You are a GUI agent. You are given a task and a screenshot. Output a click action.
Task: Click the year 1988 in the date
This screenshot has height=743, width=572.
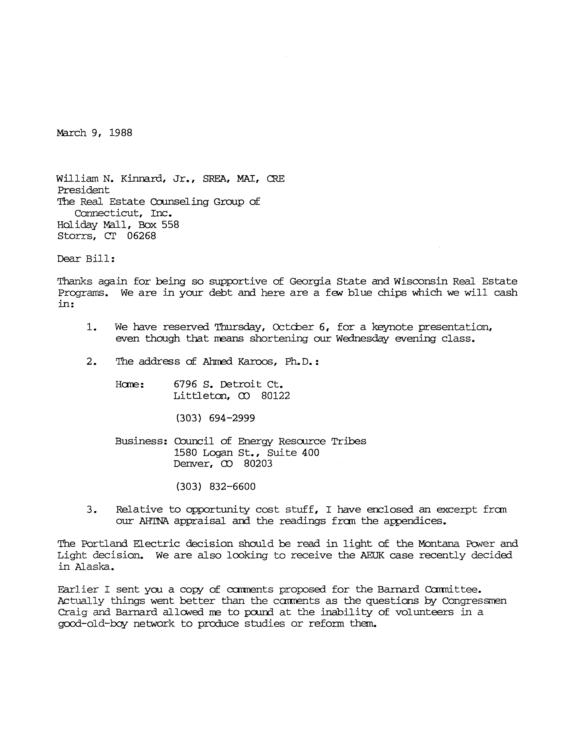coord(121,133)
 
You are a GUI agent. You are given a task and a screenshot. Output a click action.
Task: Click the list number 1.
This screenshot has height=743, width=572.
coord(91,327)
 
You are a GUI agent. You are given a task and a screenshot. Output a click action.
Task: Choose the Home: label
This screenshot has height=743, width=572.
coord(130,384)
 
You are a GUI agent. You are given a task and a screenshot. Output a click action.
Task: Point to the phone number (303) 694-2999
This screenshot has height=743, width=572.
coord(215,418)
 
